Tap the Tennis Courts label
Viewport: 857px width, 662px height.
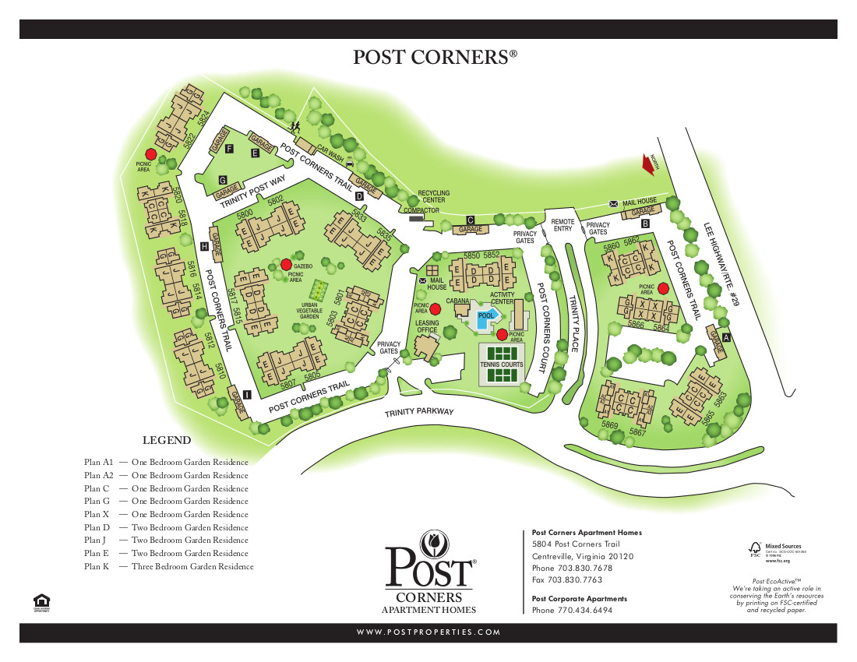[502, 364]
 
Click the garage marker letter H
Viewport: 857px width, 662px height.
[204, 246]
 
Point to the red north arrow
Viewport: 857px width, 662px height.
[648, 163]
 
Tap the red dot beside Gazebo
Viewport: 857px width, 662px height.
[286, 264]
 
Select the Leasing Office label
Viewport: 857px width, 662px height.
[427, 326]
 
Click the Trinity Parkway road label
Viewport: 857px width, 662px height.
[418, 412]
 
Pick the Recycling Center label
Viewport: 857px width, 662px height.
[432, 196]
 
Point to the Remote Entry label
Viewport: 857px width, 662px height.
[563, 225]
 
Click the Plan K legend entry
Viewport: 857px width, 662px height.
[169, 566]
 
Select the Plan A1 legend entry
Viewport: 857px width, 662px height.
[166, 463]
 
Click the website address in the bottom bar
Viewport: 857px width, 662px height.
[428, 632]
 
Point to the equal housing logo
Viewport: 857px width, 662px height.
[41, 602]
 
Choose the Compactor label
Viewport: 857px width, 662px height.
[421, 210]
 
